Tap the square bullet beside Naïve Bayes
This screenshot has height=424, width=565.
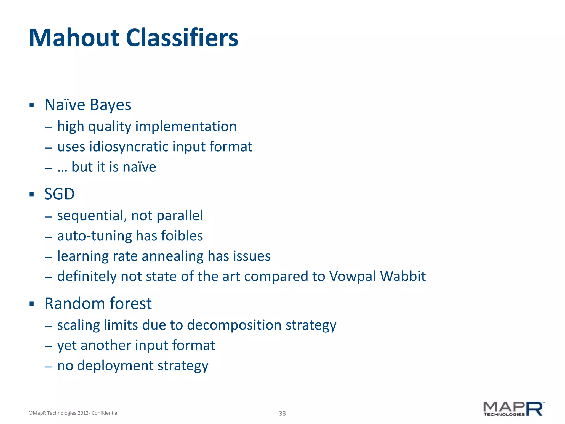click(x=31, y=105)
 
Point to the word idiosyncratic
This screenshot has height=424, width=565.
click(x=129, y=147)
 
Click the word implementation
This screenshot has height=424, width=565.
click(x=186, y=126)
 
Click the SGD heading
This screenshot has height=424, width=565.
click(x=59, y=194)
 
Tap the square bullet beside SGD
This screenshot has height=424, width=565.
click(x=31, y=194)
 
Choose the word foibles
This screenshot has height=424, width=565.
click(x=182, y=236)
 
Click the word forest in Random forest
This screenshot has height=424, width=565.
click(x=130, y=303)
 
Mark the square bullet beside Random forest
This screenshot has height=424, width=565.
click(x=31, y=304)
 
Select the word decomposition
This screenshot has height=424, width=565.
click(x=234, y=325)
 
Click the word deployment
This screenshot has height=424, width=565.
click(x=115, y=366)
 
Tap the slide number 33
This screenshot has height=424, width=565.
click(x=282, y=413)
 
